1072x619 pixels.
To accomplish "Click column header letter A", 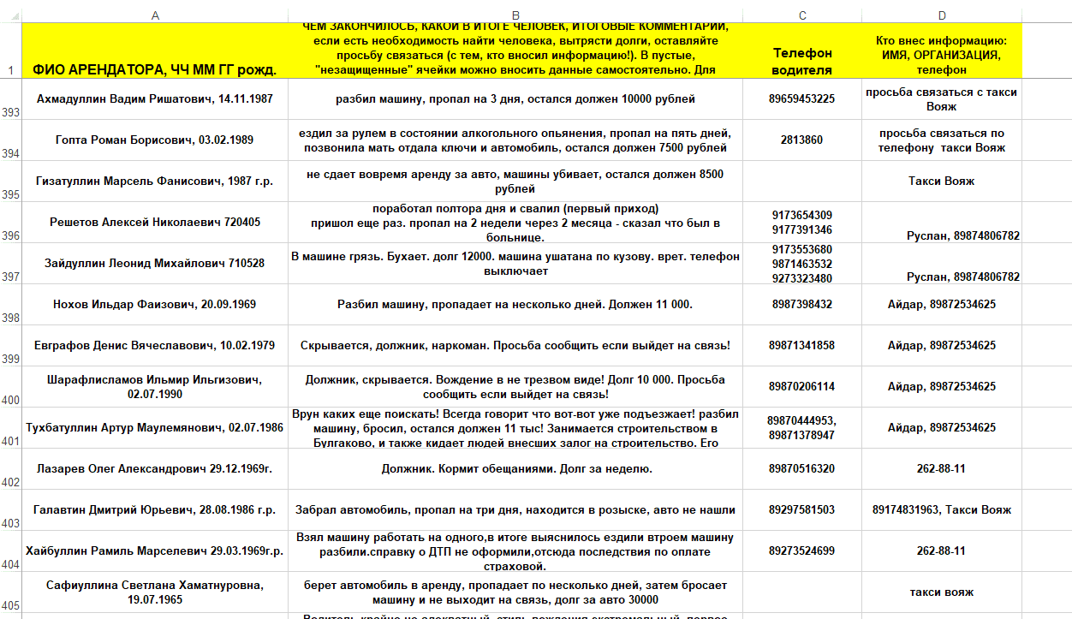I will pos(154,15).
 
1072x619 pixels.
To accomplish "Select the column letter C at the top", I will pos(801,15).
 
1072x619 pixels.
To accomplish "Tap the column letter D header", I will pos(942,15).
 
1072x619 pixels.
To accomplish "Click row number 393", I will pos(10,112).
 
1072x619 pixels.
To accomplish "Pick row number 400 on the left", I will pos(10,400).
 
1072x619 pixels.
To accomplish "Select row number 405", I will pos(10,605).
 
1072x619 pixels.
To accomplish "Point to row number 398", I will pos(10,318).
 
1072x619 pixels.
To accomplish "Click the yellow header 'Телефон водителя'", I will pos(801,61).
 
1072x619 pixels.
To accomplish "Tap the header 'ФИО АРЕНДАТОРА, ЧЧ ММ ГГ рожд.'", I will pos(154,69).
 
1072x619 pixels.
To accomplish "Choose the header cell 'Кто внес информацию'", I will pos(942,55).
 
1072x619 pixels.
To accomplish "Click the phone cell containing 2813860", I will pos(801,140).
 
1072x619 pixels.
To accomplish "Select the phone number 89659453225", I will pos(801,99).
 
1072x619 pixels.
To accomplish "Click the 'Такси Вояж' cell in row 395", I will pos(942,182).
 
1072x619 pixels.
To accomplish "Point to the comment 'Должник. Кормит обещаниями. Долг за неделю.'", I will pos(515,469).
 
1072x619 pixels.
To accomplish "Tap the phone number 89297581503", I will pos(801,510).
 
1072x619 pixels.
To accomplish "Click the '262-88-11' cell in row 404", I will pos(942,551).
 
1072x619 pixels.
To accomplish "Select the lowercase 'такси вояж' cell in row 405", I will pos(942,592).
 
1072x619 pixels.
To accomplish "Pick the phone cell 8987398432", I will pos(801,305).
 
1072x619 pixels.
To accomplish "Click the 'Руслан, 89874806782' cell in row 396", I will pos(962,235).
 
